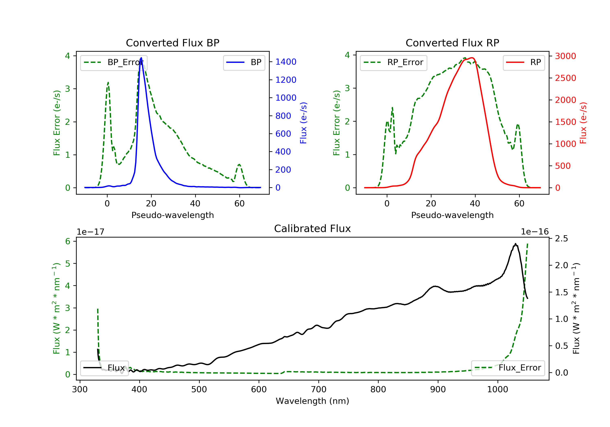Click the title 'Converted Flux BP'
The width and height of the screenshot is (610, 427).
(x=173, y=43)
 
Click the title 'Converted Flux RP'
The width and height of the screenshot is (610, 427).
(x=452, y=43)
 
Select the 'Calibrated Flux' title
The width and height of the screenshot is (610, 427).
(x=313, y=229)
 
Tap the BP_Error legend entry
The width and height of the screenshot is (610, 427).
(x=114, y=63)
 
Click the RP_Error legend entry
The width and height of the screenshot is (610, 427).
(x=393, y=63)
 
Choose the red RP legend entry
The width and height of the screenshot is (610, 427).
(x=524, y=63)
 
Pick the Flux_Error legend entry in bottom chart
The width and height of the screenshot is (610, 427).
(x=508, y=368)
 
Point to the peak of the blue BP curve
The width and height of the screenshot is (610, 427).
(x=141, y=58)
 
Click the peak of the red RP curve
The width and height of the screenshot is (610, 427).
(x=472, y=58)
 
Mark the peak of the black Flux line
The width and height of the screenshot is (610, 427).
(x=515, y=244)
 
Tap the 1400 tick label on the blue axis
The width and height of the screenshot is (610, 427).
(x=286, y=62)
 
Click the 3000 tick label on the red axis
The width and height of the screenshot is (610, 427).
(x=566, y=56)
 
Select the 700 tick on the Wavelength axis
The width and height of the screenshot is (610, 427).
(x=319, y=390)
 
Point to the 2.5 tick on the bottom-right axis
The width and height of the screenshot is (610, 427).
(x=562, y=239)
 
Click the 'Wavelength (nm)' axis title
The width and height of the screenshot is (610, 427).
(x=313, y=401)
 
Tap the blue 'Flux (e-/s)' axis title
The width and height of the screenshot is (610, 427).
(x=303, y=123)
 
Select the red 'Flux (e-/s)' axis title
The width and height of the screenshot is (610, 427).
(x=583, y=123)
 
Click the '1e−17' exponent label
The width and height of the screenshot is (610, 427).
(x=91, y=232)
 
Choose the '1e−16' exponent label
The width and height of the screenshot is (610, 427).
(x=535, y=232)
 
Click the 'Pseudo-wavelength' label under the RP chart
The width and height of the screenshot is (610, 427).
(x=452, y=215)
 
